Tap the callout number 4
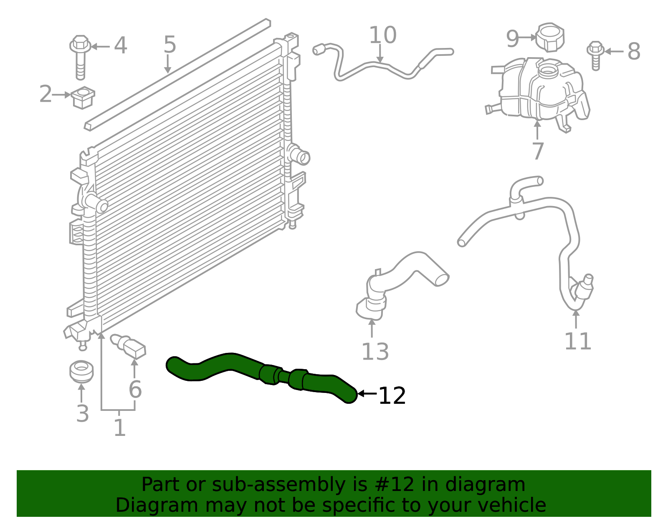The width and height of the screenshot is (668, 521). [x=120, y=45]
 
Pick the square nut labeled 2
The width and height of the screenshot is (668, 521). [x=83, y=98]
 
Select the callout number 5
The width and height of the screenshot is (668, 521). [x=170, y=44]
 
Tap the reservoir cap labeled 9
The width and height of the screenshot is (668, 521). [x=550, y=37]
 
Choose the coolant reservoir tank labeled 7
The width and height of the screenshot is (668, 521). [x=539, y=90]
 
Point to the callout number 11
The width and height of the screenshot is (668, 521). [x=577, y=341]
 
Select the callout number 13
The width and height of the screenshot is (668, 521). [x=374, y=352]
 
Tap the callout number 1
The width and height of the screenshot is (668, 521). [x=119, y=428]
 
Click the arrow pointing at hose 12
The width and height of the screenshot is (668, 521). [x=367, y=393]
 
